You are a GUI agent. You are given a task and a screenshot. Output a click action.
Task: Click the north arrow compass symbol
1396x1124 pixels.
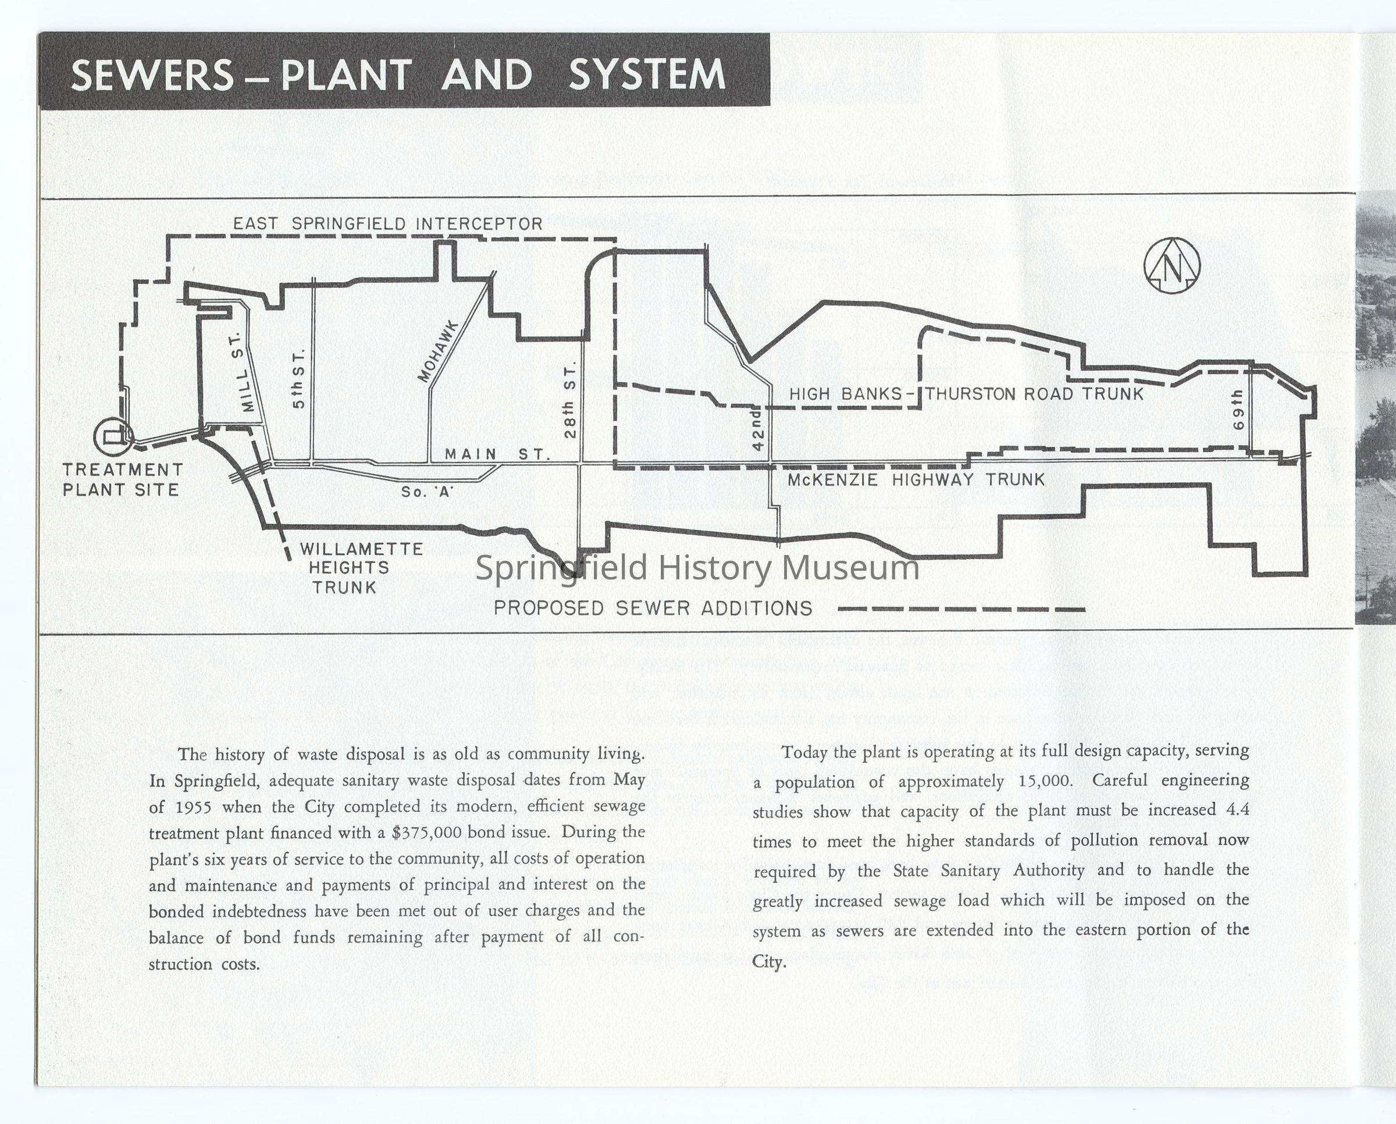pyautogui.click(x=1171, y=266)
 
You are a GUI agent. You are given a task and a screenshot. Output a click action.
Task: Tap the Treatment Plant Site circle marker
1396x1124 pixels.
pyautogui.click(x=113, y=436)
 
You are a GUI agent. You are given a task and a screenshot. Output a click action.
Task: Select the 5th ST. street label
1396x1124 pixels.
pyautogui.click(x=298, y=379)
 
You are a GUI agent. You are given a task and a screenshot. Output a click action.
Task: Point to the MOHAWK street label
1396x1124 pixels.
pyautogui.click(x=439, y=352)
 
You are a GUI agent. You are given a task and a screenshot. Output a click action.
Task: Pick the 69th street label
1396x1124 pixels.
pyautogui.click(x=1238, y=410)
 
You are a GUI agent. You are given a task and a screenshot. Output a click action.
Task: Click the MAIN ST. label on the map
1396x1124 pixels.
pyautogui.click(x=497, y=454)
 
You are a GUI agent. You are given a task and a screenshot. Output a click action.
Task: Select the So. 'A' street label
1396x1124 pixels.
pyautogui.click(x=427, y=492)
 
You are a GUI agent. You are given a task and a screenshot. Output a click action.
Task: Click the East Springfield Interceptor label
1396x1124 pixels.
pyautogui.click(x=387, y=224)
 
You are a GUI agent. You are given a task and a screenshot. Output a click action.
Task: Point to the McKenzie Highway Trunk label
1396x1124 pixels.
pyautogui.click(x=916, y=480)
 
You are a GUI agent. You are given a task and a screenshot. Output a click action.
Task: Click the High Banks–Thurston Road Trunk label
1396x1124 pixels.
pyautogui.click(x=966, y=394)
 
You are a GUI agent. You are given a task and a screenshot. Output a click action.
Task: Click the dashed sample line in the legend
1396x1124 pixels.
pyautogui.click(x=961, y=609)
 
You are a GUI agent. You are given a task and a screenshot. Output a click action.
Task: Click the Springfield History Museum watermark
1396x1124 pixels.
pyautogui.click(x=697, y=568)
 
